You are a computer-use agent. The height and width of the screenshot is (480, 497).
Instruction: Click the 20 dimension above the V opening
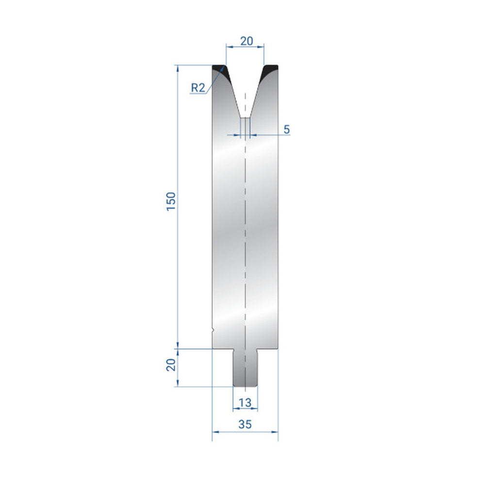click(246, 41)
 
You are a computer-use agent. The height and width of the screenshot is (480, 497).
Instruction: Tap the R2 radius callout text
click(198, 87)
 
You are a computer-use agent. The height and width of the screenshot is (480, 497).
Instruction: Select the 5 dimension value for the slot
click(286, 129)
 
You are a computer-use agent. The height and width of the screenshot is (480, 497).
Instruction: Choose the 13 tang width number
click(245, 402)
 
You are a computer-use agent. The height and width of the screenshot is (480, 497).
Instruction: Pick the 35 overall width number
click(245, 424)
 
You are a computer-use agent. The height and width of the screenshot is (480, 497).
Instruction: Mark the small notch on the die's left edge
click(213, 331)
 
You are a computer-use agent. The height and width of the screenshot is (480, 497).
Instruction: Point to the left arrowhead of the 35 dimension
click(215, 431)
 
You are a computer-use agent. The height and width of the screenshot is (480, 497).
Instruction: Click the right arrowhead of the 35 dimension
click(276, 431)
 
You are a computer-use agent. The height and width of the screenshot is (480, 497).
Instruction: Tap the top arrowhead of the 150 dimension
click(178, 68)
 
